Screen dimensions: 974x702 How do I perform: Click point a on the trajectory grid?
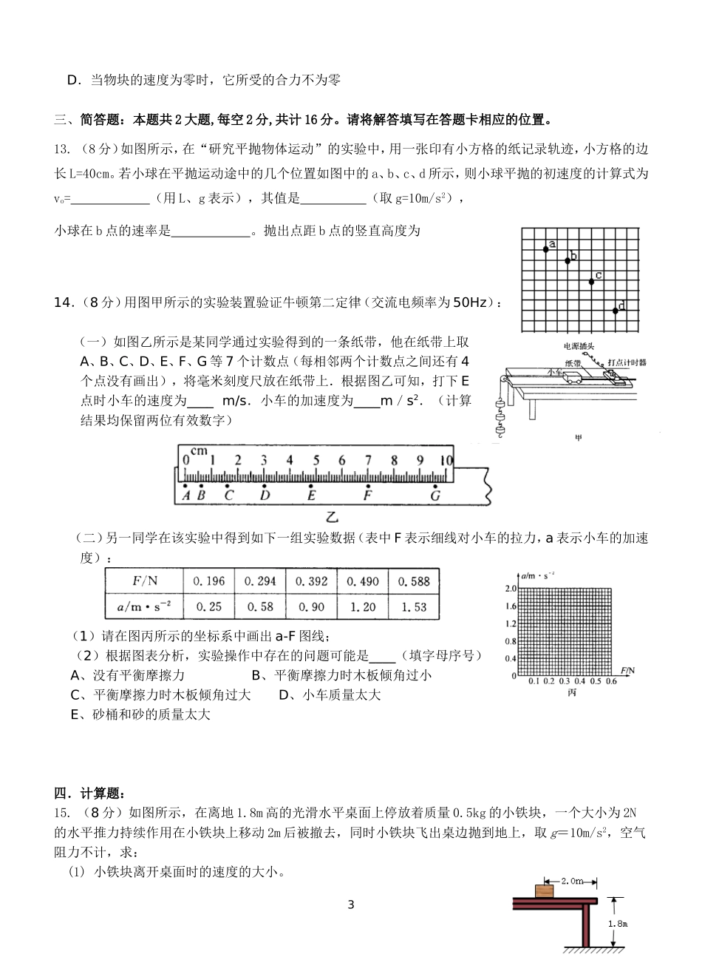point(546,248)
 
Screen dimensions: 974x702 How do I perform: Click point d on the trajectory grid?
point(616,311)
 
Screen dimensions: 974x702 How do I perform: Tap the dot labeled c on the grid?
point(591,282)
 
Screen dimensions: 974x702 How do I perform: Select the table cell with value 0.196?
point(208,581)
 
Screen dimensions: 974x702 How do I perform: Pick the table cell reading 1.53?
point(414,606)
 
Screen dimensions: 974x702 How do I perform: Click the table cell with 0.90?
point(311,606)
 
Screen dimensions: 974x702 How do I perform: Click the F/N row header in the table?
point(145,581)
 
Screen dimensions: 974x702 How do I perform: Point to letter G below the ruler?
point(435,496)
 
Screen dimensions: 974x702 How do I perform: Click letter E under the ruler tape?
point(311,496)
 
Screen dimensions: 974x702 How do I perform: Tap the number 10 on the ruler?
point(446,460)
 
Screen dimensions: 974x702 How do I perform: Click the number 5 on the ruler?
point(316,460)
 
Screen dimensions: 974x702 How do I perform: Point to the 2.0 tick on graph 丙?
point(510,589)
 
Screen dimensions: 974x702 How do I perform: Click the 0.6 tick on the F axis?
point(611,682)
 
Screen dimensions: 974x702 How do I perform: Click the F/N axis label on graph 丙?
point(629,670)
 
